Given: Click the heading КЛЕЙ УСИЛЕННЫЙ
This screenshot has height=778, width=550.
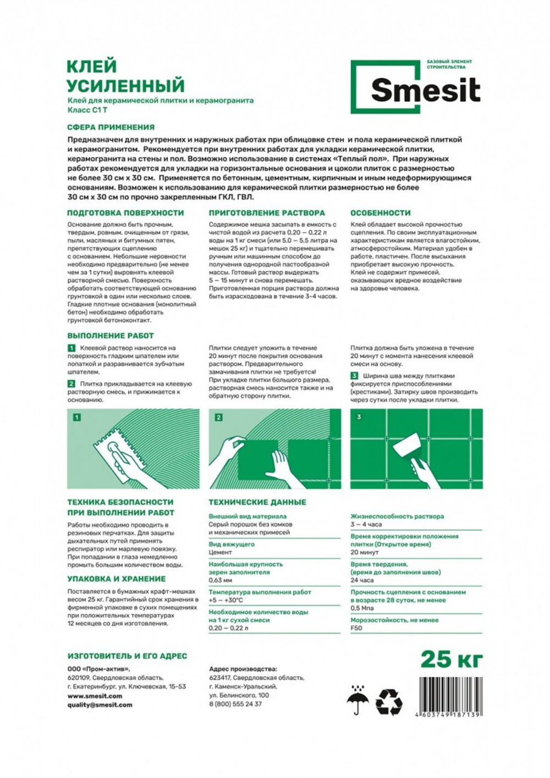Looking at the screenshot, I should (125, 76).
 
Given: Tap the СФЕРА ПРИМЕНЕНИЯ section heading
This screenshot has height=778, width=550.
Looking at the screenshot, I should (111, 127).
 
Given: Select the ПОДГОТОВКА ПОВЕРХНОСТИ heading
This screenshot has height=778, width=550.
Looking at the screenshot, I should (125, 213).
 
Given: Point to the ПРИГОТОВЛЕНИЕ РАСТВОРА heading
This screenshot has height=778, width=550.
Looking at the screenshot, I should (267, 213).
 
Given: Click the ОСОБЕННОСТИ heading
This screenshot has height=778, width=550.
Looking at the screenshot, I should (381, 213).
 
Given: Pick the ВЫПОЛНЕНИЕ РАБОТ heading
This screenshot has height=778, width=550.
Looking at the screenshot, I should (111, 336).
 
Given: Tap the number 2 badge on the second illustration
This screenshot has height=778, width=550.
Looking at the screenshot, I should (218, 418).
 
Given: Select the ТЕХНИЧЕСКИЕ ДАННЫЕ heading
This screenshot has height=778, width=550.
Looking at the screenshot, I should (257, 502).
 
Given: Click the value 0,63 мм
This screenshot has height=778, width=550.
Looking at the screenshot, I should (221, 580).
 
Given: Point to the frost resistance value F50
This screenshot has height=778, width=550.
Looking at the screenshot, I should (356, 628).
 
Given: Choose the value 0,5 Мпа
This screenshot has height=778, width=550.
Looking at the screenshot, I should (362, 608).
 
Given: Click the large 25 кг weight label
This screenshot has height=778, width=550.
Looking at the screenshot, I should (452, 659).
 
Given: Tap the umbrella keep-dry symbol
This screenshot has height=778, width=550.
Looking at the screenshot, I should (358, 699).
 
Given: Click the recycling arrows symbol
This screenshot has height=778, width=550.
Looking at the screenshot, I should (389, 702).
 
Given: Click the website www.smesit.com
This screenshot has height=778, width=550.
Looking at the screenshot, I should (95, 696).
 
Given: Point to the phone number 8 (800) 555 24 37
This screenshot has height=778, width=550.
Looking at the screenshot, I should (235, 704).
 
